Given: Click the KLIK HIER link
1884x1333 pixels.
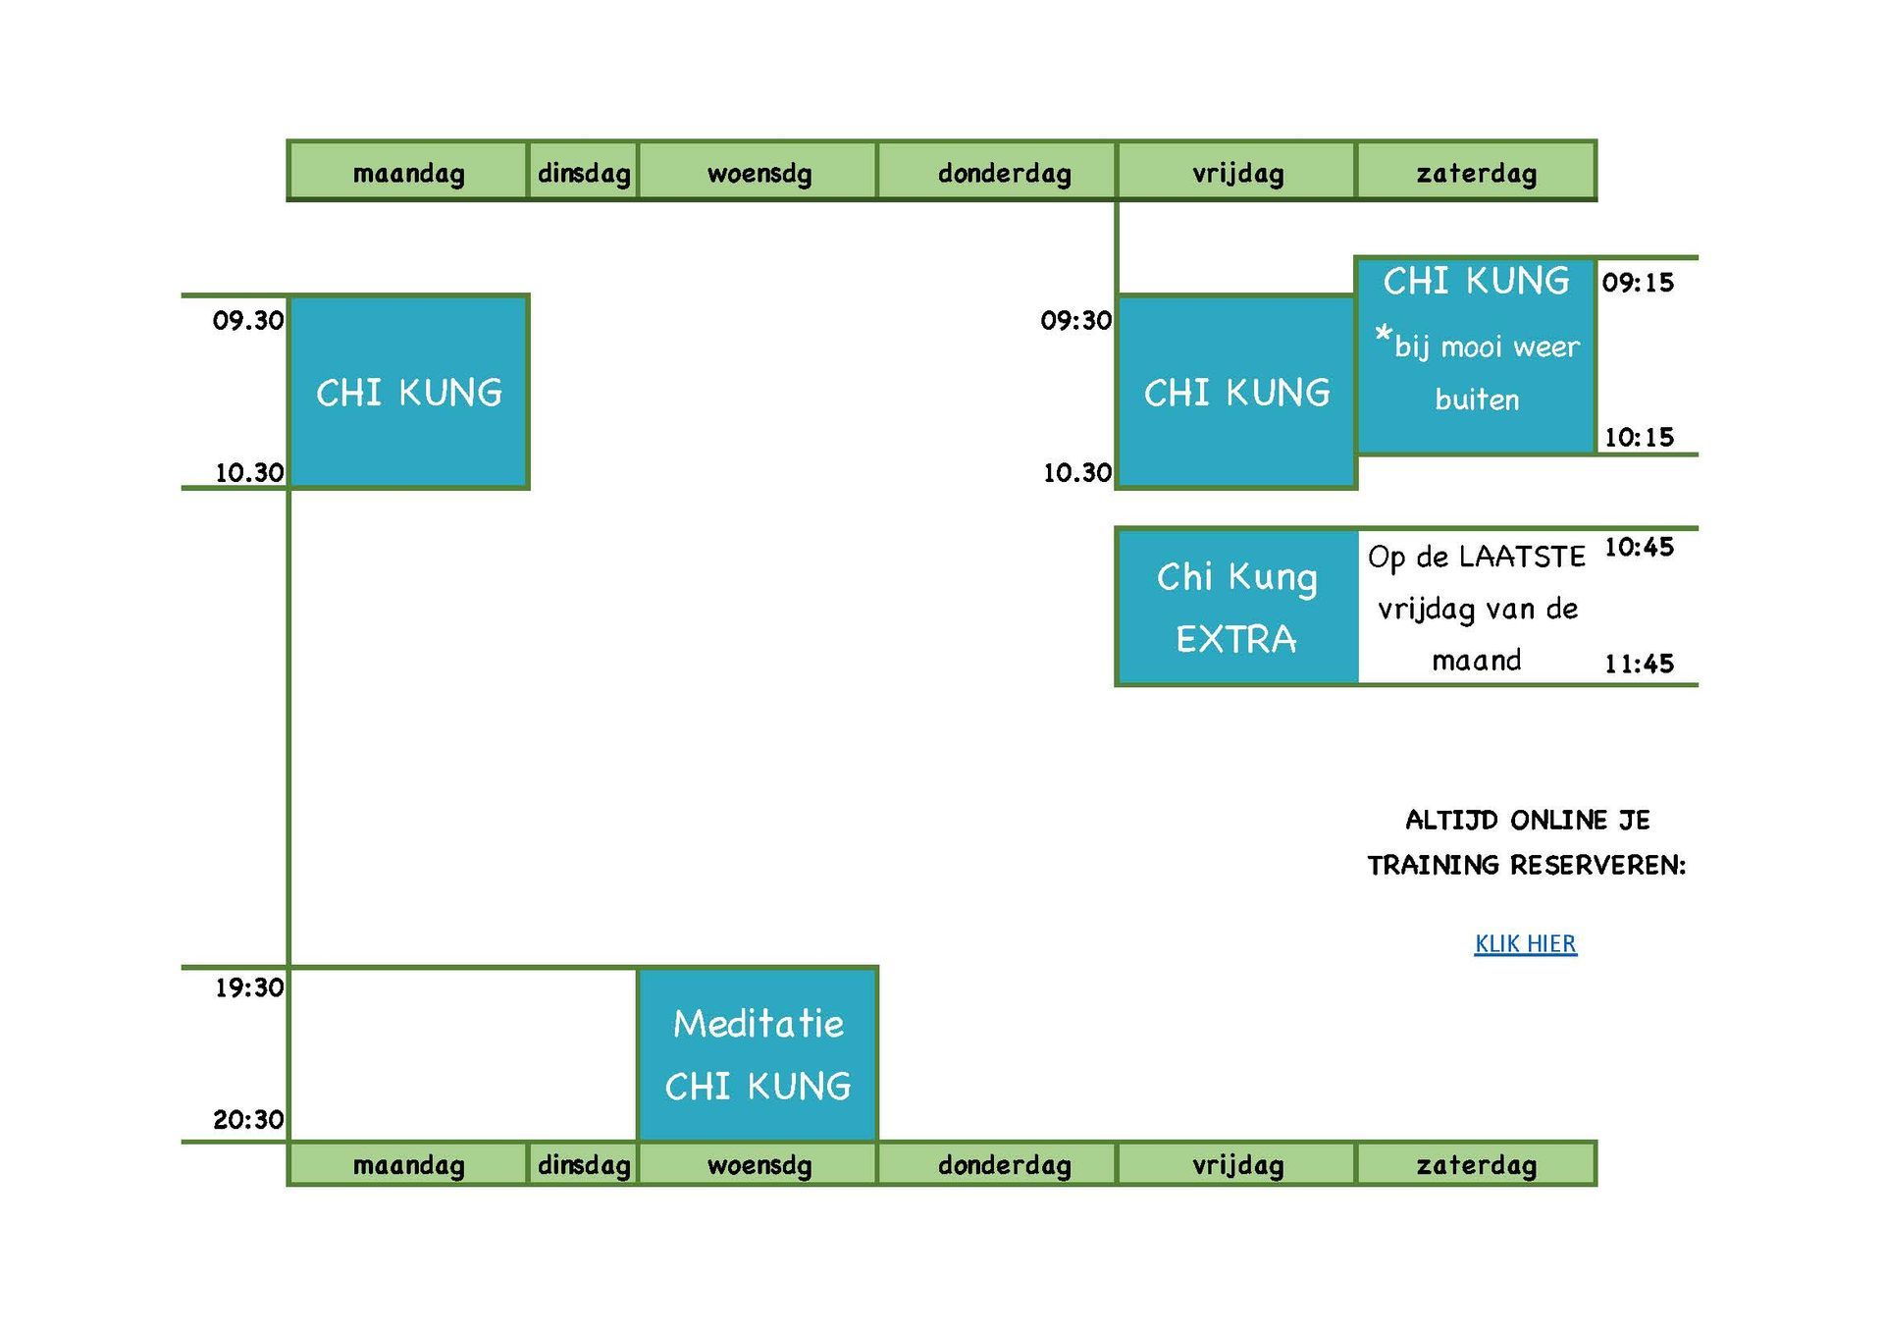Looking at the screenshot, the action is tap(1525, 943).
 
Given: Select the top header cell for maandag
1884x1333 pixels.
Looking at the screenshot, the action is tap(408, 172).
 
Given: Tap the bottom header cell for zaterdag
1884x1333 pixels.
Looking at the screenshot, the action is tap(1476, 1164).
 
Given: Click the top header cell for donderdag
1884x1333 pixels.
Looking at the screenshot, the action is tap(997, 172).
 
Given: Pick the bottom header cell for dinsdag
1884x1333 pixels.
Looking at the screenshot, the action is tap(584, 1164).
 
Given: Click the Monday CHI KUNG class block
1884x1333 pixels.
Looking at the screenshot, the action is tap(409, 392).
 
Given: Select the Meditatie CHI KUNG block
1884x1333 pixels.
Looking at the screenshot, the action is tap(758, 1054).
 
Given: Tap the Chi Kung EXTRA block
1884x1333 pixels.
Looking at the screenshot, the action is tap(1237, 607).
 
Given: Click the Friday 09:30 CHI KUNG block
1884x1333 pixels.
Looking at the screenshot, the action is tap(1236, 392).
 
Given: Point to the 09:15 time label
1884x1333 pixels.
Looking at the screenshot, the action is tap(1638, 283).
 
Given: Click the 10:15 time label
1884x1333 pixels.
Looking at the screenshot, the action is tap(1639, 437).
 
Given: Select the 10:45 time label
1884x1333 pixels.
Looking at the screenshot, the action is tap(1639, 547).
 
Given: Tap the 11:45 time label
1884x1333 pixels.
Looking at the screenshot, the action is tap(1639, 664).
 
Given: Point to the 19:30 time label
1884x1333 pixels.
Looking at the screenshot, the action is tap(249, 987).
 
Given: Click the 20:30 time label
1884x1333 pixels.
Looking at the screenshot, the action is tap(249, 1119).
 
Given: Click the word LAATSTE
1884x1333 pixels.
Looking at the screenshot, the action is tap(1522, 557).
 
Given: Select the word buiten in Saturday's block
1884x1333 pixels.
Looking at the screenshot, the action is tap(1477, 400).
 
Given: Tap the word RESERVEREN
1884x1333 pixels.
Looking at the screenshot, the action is tap(1597, 865).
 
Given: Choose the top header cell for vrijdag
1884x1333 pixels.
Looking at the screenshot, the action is tap(1236, 172).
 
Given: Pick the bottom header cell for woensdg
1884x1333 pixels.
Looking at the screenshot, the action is tap(758, 1164).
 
